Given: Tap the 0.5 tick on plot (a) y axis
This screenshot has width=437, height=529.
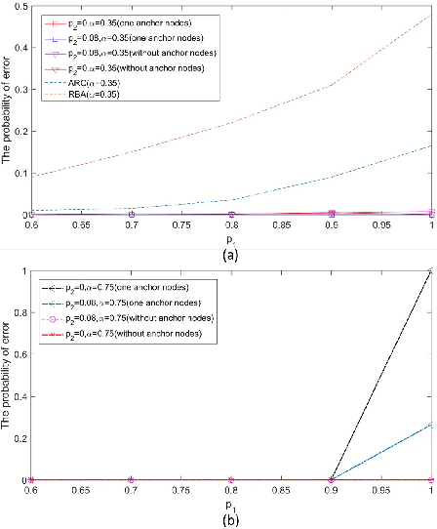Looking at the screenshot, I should click(19, 7).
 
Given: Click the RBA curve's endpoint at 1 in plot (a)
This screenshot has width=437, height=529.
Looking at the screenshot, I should click(430, 16).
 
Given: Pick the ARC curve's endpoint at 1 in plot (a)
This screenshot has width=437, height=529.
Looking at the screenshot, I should click(430, 146).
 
